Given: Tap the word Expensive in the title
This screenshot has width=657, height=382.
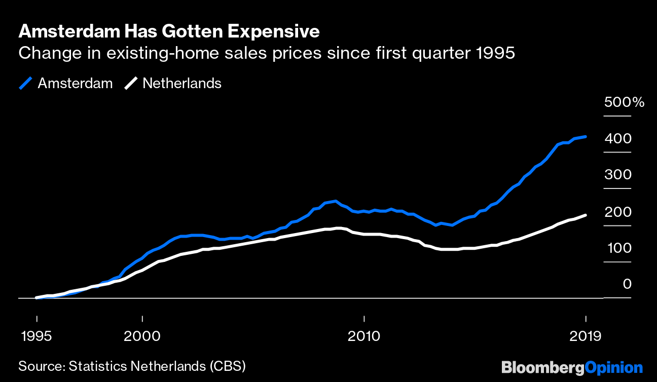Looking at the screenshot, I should coord(273,31).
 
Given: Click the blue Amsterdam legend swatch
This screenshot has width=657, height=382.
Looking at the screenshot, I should coord(26,83).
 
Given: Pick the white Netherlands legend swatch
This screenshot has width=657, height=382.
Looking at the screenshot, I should coord(131,83).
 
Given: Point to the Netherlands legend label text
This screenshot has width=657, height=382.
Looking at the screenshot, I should coord(182,83).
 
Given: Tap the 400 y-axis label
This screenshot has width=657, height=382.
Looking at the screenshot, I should coord(617,138).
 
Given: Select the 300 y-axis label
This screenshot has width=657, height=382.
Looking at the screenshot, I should coord(617,175).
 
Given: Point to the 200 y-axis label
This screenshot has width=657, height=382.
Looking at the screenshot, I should coord(617,212).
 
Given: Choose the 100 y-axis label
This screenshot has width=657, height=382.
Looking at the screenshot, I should coord(617,248).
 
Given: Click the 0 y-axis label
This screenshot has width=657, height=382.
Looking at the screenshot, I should coord(627,284).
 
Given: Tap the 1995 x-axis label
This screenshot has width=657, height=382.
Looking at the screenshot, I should coord(36,336).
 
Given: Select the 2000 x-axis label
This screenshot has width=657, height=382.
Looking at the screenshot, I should coord(142,336).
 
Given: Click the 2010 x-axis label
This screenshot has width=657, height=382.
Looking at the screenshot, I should coord(364,336).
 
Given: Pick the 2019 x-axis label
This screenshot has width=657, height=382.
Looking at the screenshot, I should coord(585,336).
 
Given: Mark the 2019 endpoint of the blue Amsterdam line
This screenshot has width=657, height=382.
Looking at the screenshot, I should coord(586,137).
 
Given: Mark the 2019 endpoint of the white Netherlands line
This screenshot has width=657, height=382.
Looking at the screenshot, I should coord(586,215).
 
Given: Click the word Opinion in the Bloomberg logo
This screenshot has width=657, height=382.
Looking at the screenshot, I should coord(614,367).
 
